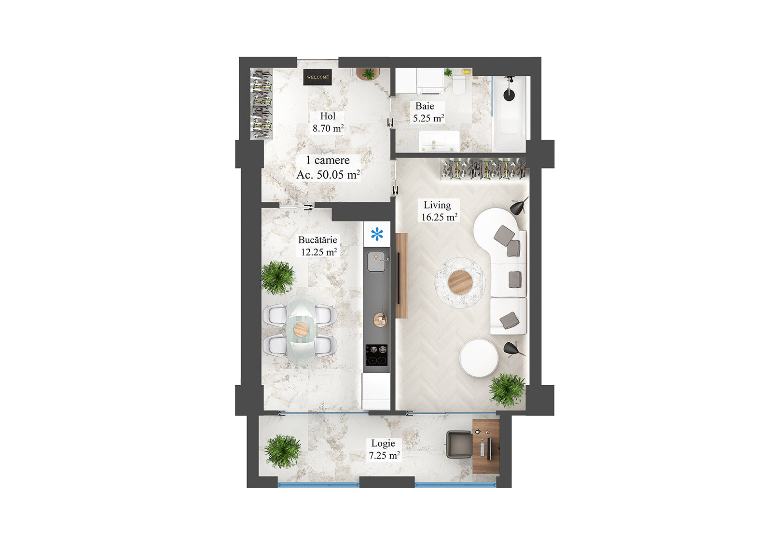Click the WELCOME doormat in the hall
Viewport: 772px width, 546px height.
coord(317,77)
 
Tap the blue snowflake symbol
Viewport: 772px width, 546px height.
coord(377,235)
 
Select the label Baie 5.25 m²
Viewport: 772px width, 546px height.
coord(427,112)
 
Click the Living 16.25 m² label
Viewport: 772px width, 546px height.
coord(439,211)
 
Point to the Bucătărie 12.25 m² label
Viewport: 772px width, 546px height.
coord(318,246)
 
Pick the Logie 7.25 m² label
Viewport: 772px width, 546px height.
coord(384,449)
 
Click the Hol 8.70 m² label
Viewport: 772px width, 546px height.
coord(328,122)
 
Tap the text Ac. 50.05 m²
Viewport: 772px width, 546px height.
coord(328,175)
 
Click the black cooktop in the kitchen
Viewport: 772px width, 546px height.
coord(376,355)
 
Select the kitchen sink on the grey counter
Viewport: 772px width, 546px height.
coord(377,262)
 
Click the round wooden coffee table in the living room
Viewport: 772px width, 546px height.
coord(459,282)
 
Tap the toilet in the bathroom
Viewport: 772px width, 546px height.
coord(458,85)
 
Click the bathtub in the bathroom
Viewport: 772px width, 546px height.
coord(509,113)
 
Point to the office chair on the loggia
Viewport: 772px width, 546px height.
coord(458,444)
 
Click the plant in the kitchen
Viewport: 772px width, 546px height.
coord(278,277)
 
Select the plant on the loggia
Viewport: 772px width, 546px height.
coord(282,451)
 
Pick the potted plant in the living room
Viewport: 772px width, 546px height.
coord(507,389)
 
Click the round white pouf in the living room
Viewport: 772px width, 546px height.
coord(479,358)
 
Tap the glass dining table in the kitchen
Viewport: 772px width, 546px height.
coord(301,328)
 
